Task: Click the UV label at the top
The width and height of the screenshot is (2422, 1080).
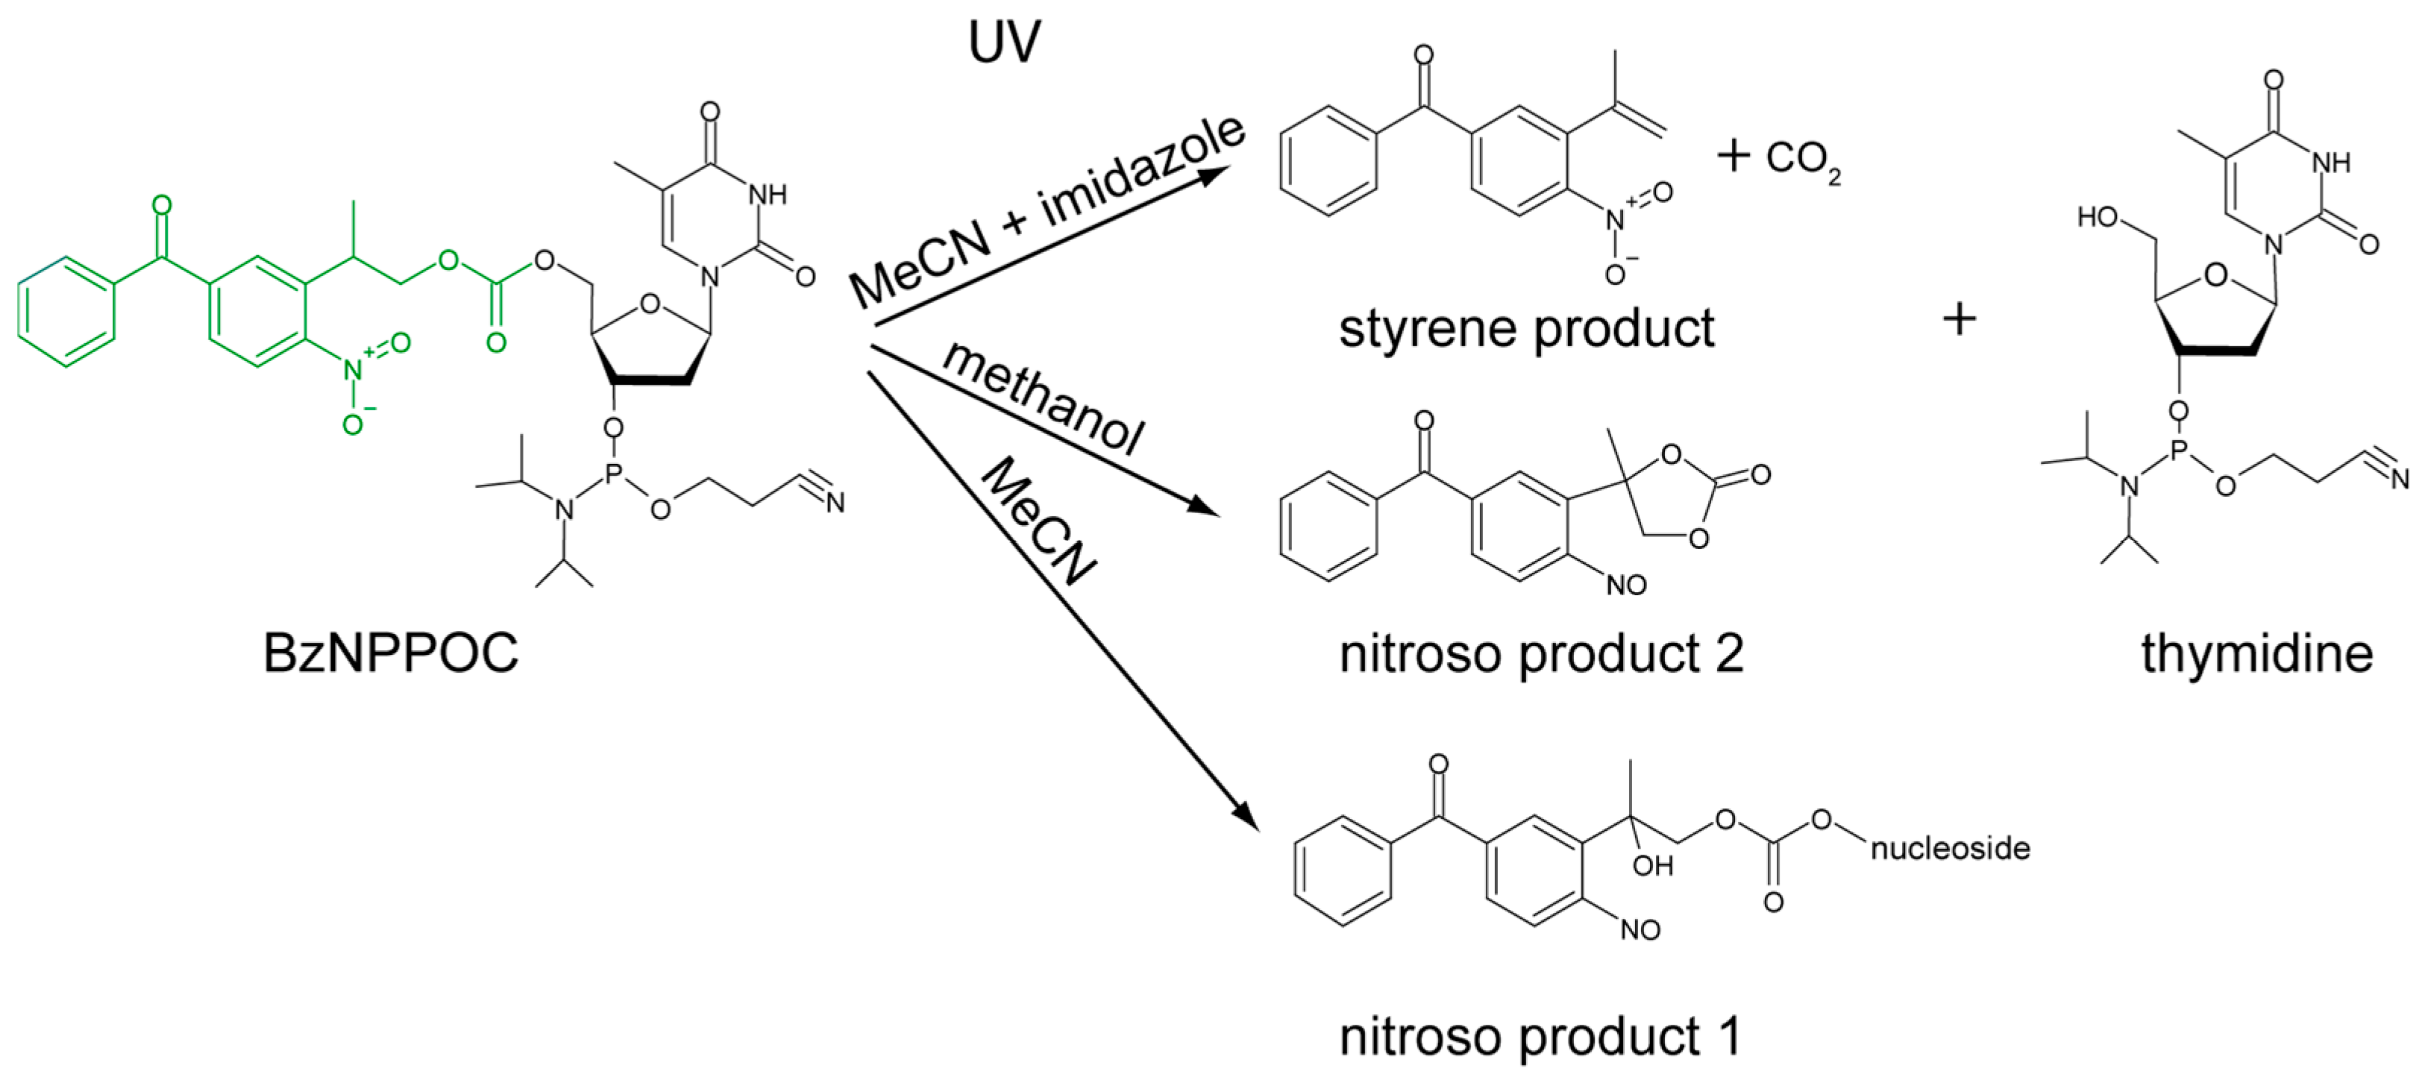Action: (1004, 43)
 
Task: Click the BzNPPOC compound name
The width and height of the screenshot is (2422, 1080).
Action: (390, 653)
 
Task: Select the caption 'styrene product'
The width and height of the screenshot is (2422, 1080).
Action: (1526, 329)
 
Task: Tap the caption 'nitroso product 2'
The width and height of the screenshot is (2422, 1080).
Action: (1541, 653)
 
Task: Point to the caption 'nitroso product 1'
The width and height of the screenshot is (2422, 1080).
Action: (1540, 1037)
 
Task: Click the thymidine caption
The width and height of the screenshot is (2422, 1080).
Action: (2256, 653)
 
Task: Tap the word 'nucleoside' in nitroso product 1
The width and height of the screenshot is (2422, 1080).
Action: (1950, 849)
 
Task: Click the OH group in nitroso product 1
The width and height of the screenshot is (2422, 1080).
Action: (1652, 864)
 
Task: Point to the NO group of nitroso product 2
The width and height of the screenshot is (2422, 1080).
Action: (1625, 585)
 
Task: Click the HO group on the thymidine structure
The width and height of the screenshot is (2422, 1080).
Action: (2098, 217)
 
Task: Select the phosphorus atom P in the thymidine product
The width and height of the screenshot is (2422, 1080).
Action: (2179, 452)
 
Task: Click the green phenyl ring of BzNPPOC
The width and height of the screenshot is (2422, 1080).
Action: (66, 311)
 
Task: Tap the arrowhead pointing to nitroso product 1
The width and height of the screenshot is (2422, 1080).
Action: (1246, 815)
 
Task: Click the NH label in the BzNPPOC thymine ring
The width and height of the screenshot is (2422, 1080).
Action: (768, 195)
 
